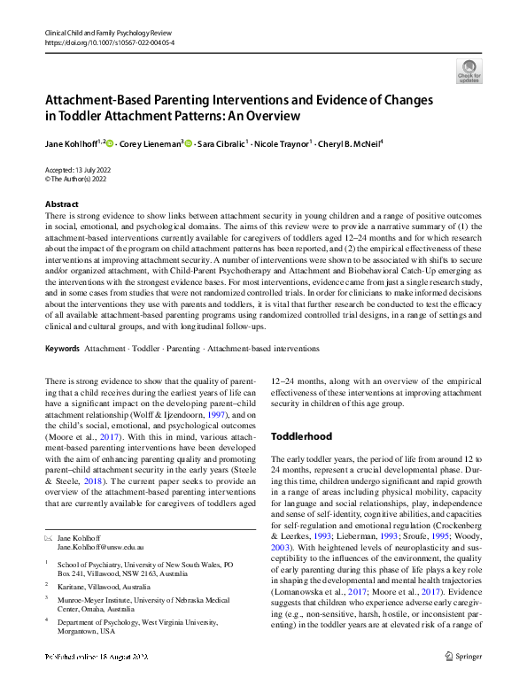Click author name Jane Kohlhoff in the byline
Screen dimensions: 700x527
coord(74,142)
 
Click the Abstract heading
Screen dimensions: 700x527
coord(61,204)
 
